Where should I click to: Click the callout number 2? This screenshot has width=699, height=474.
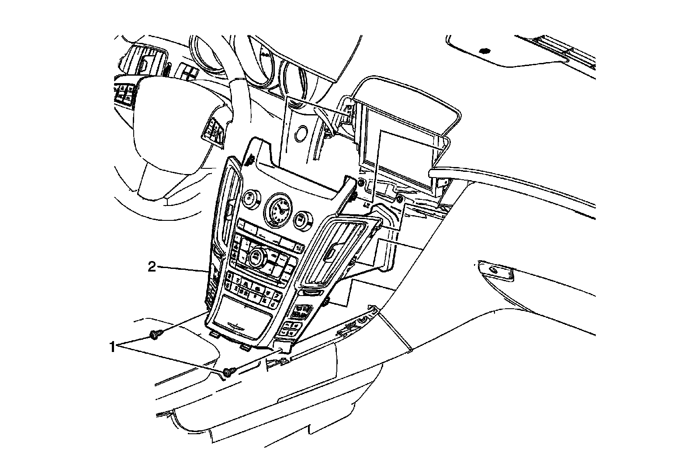tap(152, 267)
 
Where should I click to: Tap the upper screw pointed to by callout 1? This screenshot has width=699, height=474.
tap(154, 335)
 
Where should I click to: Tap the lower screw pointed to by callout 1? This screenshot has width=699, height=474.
tap(228, 373)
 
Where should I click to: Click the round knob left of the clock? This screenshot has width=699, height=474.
tap(250, 199)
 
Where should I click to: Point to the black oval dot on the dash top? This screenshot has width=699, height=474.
tap(484, 51)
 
